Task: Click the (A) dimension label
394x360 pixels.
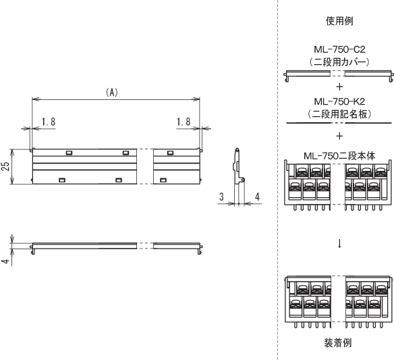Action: click(x=112, y=93)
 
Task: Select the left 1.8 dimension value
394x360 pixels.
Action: click(x=49, y=122)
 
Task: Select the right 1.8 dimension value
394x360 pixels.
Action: click(x=184, y=122)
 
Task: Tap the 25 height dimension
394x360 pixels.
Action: click(x=6, y=166)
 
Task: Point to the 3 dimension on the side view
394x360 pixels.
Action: click(x=221, y=197)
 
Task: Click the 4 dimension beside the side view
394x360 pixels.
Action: click(x=257, y=197)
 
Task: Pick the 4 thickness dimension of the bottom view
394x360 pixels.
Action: click(x=6, y=261)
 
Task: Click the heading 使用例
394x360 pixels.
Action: click(x=339, y=21)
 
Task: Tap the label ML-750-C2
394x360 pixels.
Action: click(x=339, y=49)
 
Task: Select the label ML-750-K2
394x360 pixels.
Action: click(x=339, y=101)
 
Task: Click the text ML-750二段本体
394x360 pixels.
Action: click(x=339, y=156)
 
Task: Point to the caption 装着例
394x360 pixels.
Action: click(x=338, y=343)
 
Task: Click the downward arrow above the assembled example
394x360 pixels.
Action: click(x=339, y=243)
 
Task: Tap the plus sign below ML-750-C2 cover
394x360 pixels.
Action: click(x=339, y=87)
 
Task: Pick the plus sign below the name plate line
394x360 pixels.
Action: click(x=339, y=136)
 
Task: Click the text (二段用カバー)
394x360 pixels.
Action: click(x=339, y=62)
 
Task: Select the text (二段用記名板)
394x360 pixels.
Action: click(x=339, y=114)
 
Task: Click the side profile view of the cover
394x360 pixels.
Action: click(x=237, y=166)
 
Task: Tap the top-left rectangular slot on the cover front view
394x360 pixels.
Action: click(x=69, y=153)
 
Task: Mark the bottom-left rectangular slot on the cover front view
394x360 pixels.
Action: click(x=62, y=180)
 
